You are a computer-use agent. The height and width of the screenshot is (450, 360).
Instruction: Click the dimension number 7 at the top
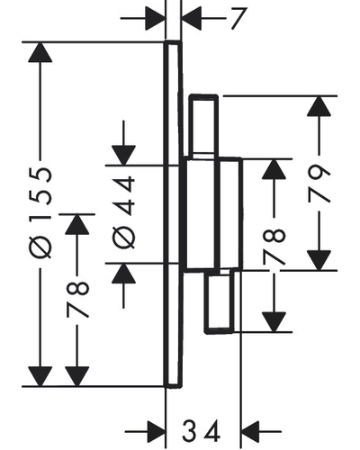point(238,19)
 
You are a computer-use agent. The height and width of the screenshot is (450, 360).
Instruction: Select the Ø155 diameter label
point(40,212)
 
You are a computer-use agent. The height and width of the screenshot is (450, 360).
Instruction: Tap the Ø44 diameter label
point(123,212)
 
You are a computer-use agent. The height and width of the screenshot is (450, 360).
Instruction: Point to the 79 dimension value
point(319,183)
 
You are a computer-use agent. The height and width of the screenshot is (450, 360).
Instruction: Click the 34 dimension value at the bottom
point(201,431)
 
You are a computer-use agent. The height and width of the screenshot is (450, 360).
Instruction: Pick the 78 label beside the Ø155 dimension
point(77,299)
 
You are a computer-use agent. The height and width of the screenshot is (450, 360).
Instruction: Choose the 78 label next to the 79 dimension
point(274,247)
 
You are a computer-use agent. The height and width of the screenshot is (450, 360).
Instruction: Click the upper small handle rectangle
point(203,126)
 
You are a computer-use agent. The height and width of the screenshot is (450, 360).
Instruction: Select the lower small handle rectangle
point(220,301)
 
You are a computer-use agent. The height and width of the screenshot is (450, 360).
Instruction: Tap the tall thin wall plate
point(173,214)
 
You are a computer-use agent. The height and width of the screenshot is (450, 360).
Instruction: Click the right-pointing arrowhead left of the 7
point(155,19)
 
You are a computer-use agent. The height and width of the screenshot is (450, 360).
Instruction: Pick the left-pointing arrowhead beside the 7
point(192,19)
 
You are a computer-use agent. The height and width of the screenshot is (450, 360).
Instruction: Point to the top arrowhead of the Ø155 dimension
point(40,52)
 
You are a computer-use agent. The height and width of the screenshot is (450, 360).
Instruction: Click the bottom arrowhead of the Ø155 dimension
point(40,376)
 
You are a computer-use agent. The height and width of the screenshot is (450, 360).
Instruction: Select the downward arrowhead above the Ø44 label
point(123,156)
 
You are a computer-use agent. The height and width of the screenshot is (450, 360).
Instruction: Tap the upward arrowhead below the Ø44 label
point(123,274)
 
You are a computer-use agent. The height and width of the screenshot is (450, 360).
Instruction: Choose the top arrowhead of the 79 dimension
point(319,106)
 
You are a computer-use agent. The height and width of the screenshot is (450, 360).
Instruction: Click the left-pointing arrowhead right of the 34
point(250,431)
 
